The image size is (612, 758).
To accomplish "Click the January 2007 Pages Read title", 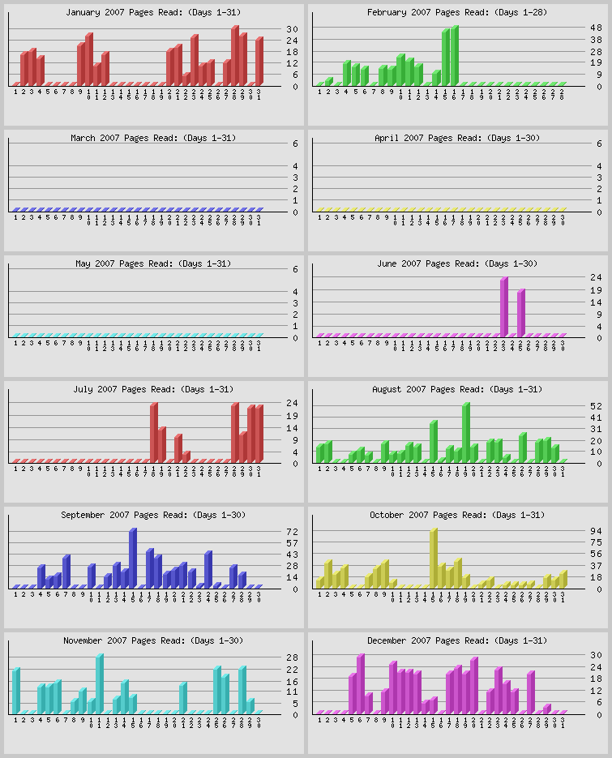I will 153,12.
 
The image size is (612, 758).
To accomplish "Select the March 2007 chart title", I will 153,138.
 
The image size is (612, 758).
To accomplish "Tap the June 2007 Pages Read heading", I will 457,263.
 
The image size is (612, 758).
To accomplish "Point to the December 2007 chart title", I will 457,640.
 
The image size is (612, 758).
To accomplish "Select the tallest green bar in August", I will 466,432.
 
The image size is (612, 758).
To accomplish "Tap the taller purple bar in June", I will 504,306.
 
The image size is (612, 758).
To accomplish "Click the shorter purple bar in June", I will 521,312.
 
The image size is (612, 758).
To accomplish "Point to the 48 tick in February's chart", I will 596,28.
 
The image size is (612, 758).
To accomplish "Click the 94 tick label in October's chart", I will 596,531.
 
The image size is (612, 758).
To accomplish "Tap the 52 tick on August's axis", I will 596,405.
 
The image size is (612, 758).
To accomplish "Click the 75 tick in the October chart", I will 596,542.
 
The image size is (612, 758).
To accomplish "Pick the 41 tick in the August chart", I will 596,417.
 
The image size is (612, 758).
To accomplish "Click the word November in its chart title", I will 83,640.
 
